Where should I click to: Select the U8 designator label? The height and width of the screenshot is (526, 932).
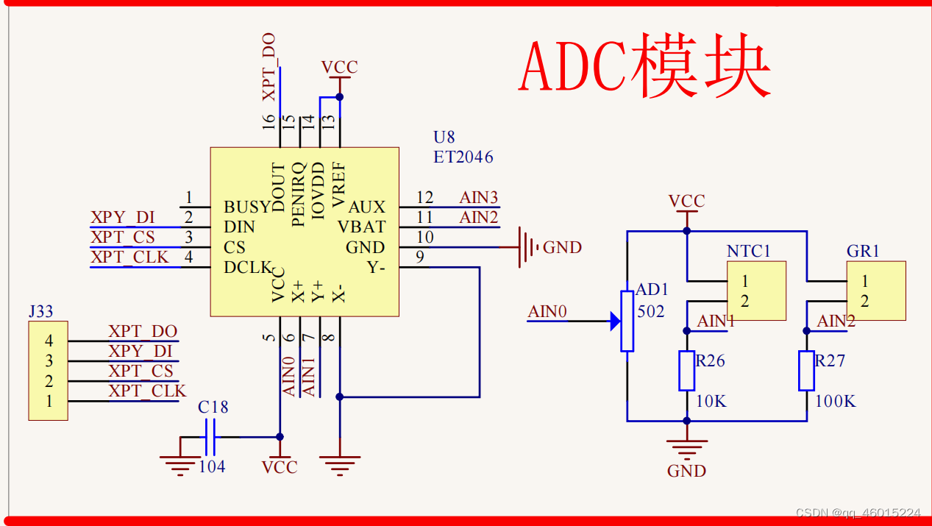pyautogui.click(x=444, y=137)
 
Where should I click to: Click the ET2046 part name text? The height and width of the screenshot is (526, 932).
pyautogui.click(x=463, y=157)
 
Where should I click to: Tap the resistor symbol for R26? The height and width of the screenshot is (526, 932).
pyautogui.click(x=686, y=371)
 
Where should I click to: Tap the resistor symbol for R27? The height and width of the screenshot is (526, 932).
pyautogui.click(x=806, y=371)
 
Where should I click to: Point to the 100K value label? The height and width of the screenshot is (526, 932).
pyautogui.click(x=836, y=402)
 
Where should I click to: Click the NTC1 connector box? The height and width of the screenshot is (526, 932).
pyautogui.click(x=756, y=291)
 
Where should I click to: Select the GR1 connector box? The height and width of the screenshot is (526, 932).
pyautogui.click(x=875, y=291)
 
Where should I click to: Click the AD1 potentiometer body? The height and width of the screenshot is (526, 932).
pyautogui.click(x=627, y=321)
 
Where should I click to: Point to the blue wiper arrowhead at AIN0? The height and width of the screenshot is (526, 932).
pyautogui.click(x=614, y=321)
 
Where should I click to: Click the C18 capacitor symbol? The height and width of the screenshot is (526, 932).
pyautogui.click(x=210, y=437)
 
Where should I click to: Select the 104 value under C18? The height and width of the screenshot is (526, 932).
pyautogui.click(x=212, y=466)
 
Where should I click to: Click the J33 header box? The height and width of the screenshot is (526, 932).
pyautogui.click(x=48, y=371)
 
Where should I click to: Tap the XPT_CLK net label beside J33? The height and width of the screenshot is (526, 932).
pyautogui.click(x=147, y=391)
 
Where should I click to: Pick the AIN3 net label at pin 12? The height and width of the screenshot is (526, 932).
pyautogui.click(x=478, y=197)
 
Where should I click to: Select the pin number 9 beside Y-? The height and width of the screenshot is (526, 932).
pyautogui.click(x=419, y=257)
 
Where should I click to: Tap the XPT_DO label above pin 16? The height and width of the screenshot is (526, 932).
pyautogui.click(x=269, y=67)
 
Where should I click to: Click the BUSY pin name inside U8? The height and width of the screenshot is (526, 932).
pyautogui.click(x=248, y=207)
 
